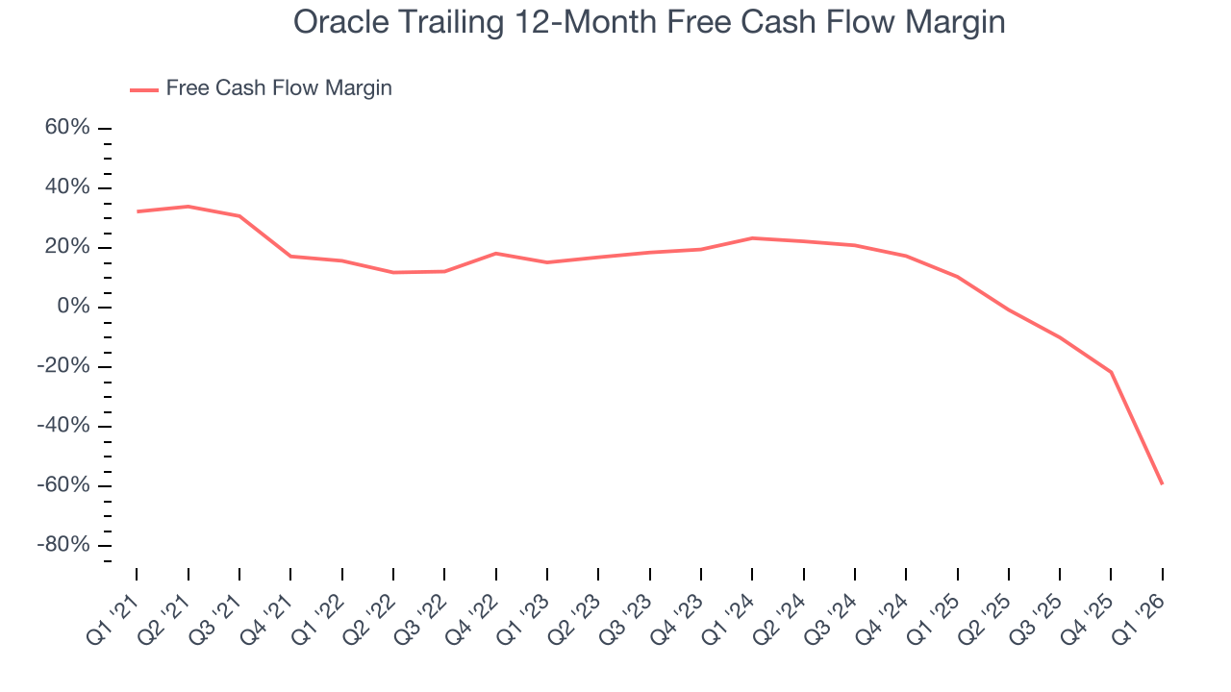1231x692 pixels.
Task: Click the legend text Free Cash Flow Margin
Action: click(278, 88)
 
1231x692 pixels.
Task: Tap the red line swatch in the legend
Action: click(144, 89)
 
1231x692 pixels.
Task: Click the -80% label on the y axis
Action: click(63, 545)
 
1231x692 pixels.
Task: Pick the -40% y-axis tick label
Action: click(63, 426)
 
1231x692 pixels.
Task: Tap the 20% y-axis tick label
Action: click(67, 247)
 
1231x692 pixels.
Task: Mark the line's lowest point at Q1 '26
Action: click(1162, 483)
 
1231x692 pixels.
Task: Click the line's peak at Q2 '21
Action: click(188, 206)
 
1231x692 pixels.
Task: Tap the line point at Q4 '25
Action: click(1111, 372)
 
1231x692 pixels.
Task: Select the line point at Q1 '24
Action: click(752, 237)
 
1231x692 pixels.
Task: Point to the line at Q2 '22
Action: click(393, 272)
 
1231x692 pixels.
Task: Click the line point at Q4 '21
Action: click(290, 256)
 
